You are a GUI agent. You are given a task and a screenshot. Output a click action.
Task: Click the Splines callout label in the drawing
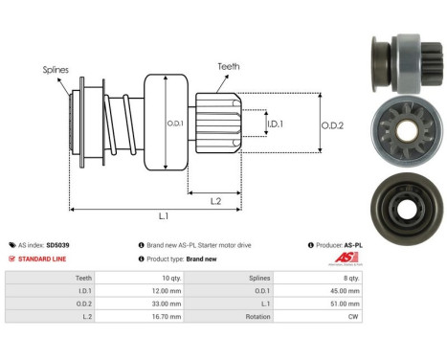56,69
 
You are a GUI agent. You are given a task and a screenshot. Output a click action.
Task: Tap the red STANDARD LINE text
43,259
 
